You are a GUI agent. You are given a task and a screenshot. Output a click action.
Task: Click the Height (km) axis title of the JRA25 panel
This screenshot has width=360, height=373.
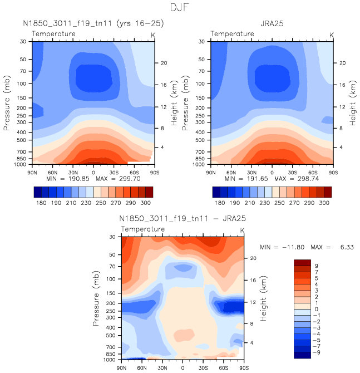pyautogui.click(x=352, y=102)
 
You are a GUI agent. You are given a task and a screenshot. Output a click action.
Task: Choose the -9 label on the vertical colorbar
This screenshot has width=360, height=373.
pyautogui.click(x=315, y=352)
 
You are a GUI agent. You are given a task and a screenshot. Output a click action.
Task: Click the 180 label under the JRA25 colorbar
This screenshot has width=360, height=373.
pyautogui.click(x=220, y=204)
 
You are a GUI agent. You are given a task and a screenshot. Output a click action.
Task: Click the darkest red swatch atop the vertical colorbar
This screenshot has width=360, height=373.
pyautogui.click(x=302, y=262)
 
